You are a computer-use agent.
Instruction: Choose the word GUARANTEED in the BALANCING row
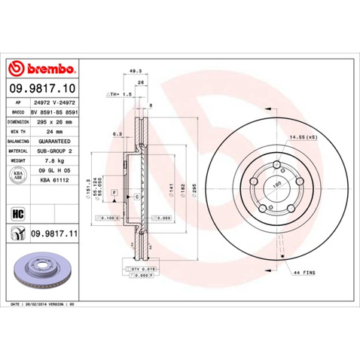click(54, 140)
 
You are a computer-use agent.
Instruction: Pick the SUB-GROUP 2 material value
click(54, 151)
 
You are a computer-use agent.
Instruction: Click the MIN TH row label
click(19, 130)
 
